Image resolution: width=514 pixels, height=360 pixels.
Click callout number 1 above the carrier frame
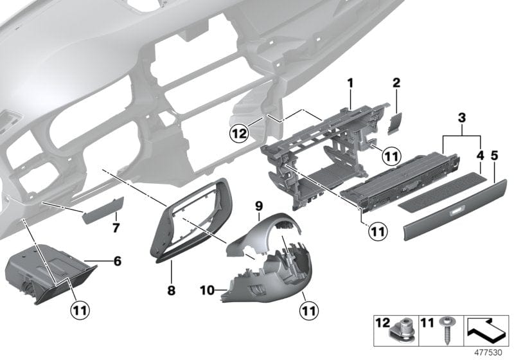350,83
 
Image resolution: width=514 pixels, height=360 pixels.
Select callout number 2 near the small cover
396,83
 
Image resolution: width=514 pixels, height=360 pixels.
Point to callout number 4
479,155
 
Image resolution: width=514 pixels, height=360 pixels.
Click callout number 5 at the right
495,155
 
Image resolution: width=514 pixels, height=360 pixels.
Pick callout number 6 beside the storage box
117,261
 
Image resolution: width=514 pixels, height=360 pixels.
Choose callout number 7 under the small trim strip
116,228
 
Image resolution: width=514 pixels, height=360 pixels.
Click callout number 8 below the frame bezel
171,290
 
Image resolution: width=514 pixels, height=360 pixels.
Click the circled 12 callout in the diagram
239,134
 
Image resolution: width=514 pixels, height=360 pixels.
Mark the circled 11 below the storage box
80,309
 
